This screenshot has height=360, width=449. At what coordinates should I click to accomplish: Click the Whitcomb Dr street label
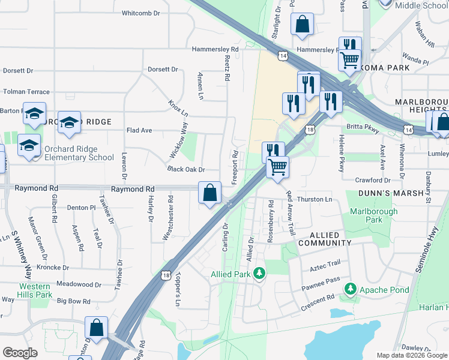click(141, 13)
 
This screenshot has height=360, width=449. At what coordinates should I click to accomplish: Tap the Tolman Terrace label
click(26, 92)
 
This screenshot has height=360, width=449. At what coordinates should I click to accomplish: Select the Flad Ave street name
click(139, 130)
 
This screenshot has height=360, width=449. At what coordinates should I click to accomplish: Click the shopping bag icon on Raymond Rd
click(209, 194)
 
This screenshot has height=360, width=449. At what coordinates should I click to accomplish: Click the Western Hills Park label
click(35, 290)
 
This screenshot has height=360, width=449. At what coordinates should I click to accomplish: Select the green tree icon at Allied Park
click(259, 274)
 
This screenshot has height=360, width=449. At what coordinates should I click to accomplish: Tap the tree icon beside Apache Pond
click(350, 290)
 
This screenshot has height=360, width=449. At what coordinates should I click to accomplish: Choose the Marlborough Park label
click(373, 215)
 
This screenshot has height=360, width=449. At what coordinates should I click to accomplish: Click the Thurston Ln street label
click(315, 199)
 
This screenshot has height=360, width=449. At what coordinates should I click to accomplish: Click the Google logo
click(21, 353)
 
